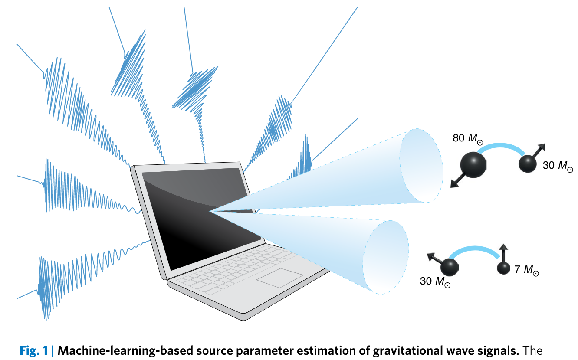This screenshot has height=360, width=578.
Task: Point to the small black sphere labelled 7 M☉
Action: point(503,268)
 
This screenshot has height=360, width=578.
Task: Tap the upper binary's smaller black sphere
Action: point(527,164)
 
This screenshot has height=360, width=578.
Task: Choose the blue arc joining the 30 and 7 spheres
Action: point(476,250)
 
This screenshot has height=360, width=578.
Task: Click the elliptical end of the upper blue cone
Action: point(421,166)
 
